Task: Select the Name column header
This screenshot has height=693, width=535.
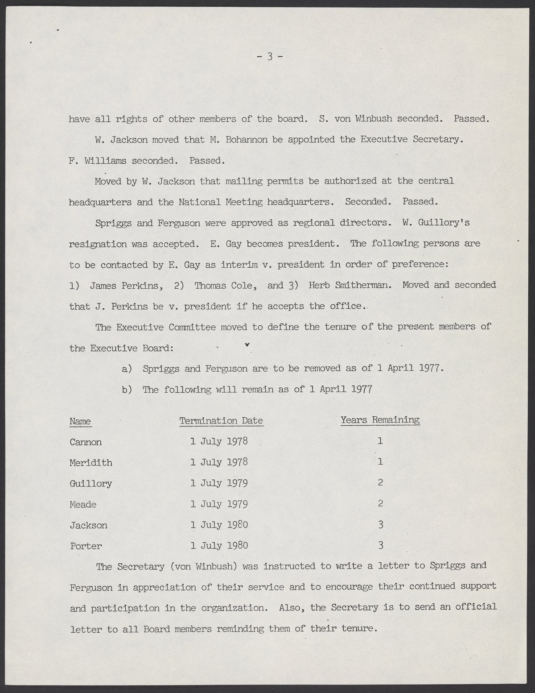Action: [80, 421]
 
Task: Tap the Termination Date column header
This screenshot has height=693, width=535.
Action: [221, 421]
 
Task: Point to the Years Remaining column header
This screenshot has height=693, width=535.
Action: [380, 420]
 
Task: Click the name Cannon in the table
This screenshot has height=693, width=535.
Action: [86, 442]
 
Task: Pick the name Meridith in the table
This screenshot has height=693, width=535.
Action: [91, 463]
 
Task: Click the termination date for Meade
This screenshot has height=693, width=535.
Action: [219, 504]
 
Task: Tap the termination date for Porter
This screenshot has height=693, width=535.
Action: [219, 546]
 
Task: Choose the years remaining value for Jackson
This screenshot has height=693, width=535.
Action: [380, 525]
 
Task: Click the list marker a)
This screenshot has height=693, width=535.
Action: [127, 369]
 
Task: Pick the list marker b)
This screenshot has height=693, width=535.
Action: [127, 390]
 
